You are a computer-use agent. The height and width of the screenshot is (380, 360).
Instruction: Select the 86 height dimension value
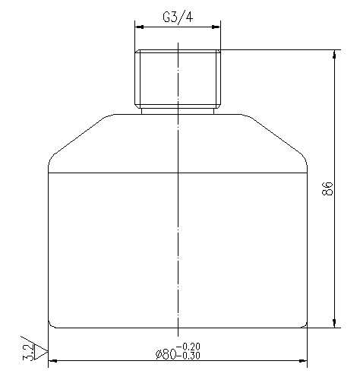click(327, 189)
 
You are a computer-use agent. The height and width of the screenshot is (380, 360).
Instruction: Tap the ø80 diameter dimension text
click(166, 354)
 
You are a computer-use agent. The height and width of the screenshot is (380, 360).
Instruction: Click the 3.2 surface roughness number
click(27, 350)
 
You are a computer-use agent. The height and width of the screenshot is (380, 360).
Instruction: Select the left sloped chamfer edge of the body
click(77, 137)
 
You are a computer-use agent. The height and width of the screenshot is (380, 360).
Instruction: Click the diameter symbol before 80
click(158, 354)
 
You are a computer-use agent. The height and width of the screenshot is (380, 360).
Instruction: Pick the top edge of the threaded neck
click(178, 50)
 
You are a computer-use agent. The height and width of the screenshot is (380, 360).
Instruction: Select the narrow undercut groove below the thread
click(178, 109)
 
